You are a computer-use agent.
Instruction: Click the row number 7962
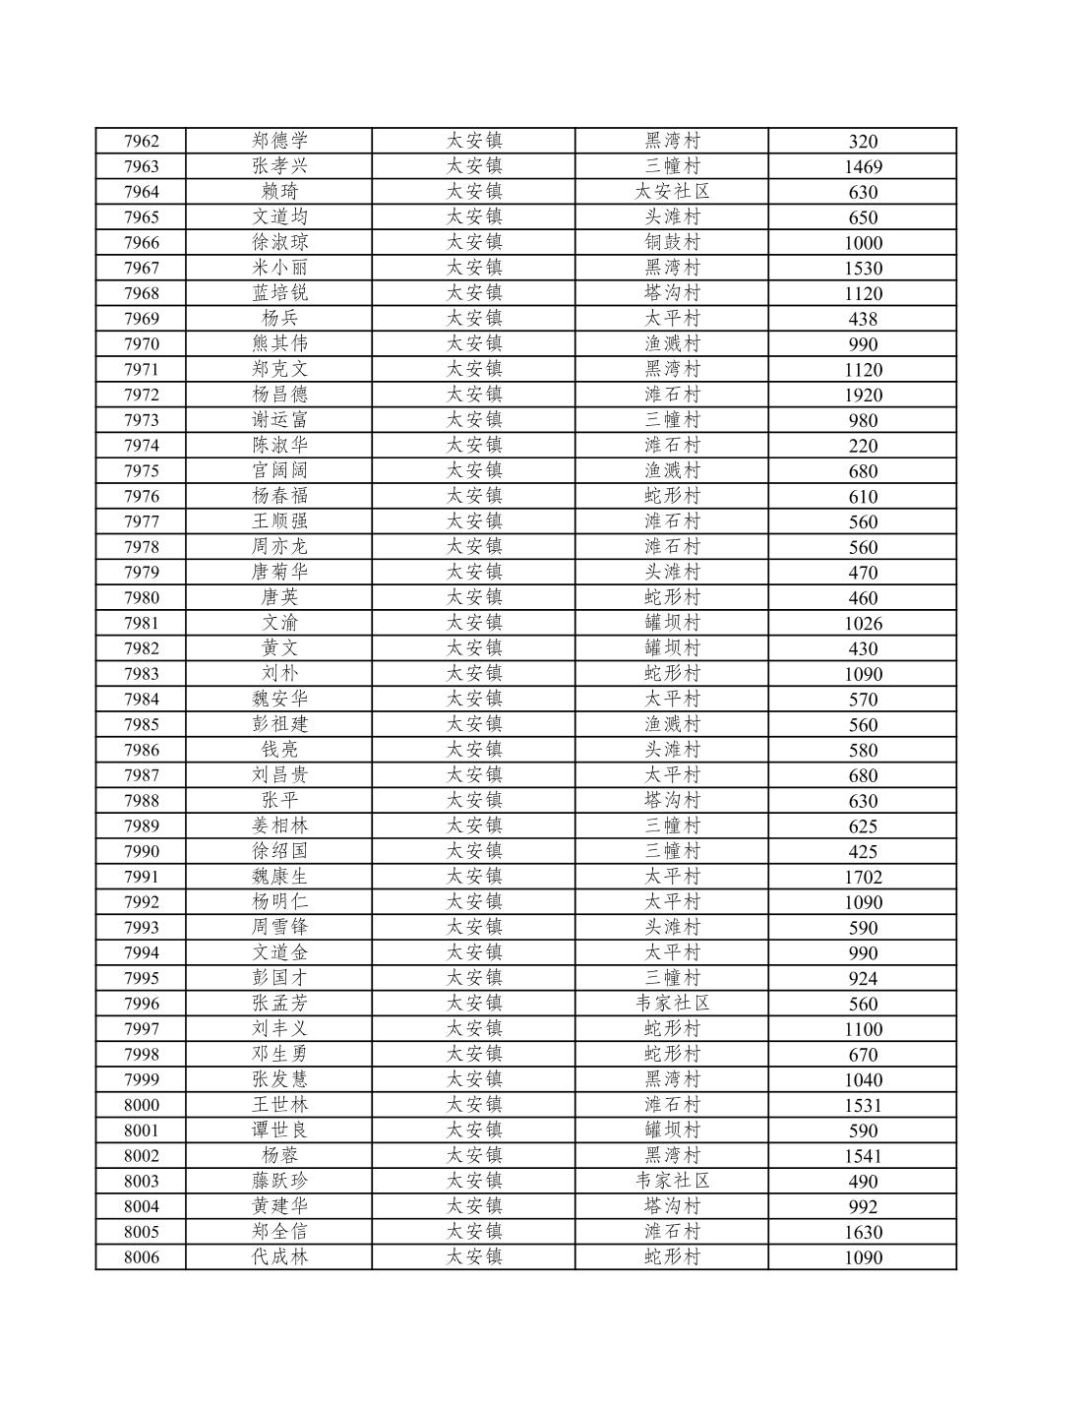coord(141,142)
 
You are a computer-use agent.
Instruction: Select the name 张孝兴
coord(279,166)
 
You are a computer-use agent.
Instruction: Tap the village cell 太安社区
coord(672,192)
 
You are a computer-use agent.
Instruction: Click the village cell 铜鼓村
coord(672,243)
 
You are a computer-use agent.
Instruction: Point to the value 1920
coord(863,396)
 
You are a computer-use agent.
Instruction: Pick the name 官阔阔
coord(279,471)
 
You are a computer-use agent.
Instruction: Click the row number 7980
coord(141,598)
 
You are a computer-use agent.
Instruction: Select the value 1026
coord(863,624)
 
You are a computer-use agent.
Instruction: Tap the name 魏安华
coord(279,700)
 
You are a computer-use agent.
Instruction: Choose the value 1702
coord(863,878)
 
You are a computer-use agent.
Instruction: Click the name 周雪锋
coord(279,928)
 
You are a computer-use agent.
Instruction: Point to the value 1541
coord(863,1157)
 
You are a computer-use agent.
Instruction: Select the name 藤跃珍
coord(279,1182)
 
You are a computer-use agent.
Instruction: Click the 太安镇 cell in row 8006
coord(474,1257)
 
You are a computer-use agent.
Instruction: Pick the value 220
coord(863,446)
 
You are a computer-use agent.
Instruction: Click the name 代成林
coord(279,1257)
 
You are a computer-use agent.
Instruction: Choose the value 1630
coord(863,1233)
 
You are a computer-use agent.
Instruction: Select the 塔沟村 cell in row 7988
coord(672,801)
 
